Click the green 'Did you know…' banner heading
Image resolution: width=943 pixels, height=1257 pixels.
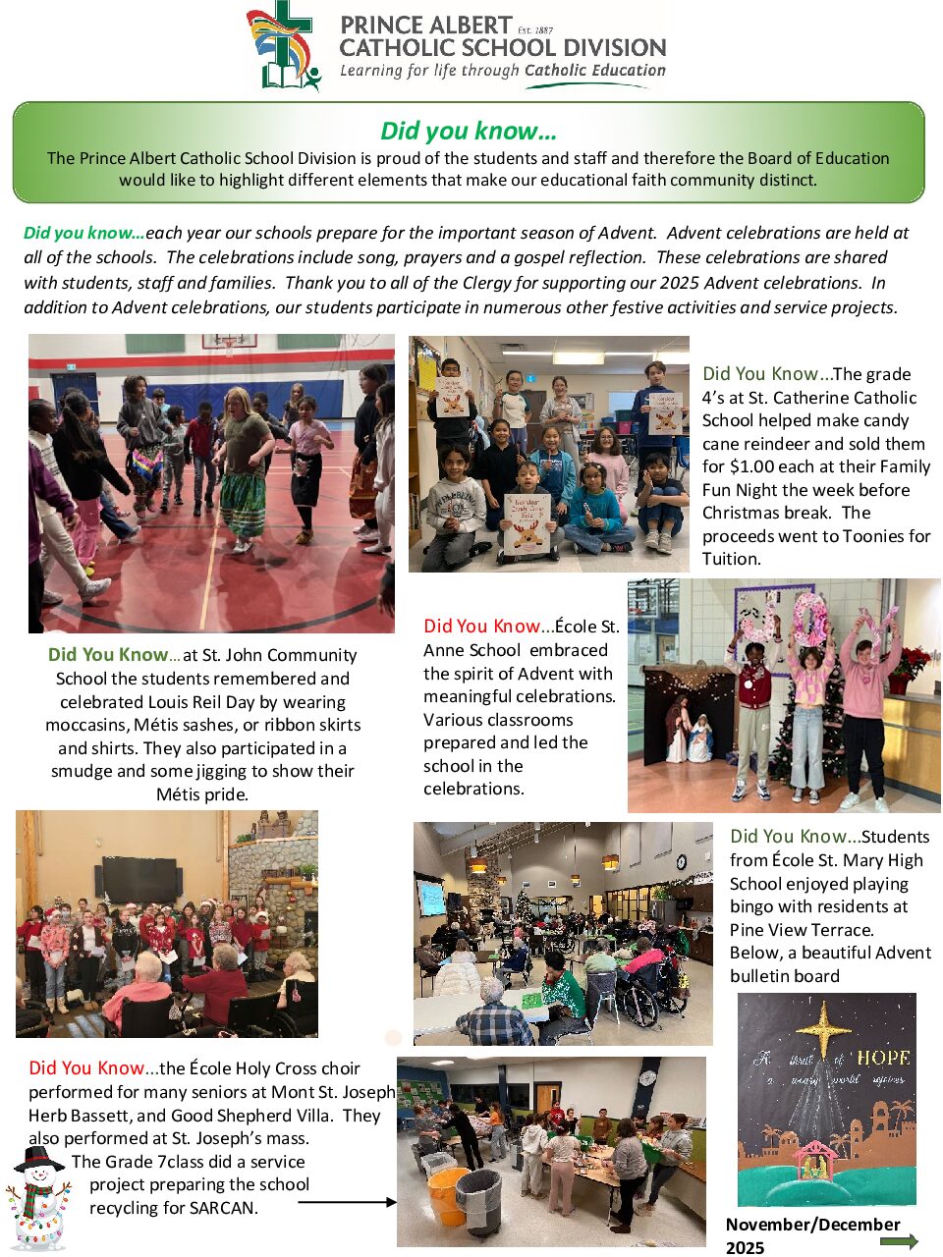pyautogui.click(x=469, y=131)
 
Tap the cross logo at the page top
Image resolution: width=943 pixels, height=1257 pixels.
pyautogui.click(x=284, y=46)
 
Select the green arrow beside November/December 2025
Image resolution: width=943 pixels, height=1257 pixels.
pyautogui.click(x=899, y=1241)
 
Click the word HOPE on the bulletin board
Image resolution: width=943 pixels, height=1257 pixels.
pyautogui.click(x=883, y=1058)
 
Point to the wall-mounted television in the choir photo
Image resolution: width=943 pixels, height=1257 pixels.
pyautogui.click(x=139, y=877)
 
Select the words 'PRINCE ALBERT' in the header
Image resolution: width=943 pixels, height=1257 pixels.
pyautogui.click(x=425, y=26)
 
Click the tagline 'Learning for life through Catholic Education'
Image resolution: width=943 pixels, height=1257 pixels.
pyautogui.click(x=502, y=71)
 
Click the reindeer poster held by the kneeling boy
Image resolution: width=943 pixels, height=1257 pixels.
pyautogui.click(x=528, y=521)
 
